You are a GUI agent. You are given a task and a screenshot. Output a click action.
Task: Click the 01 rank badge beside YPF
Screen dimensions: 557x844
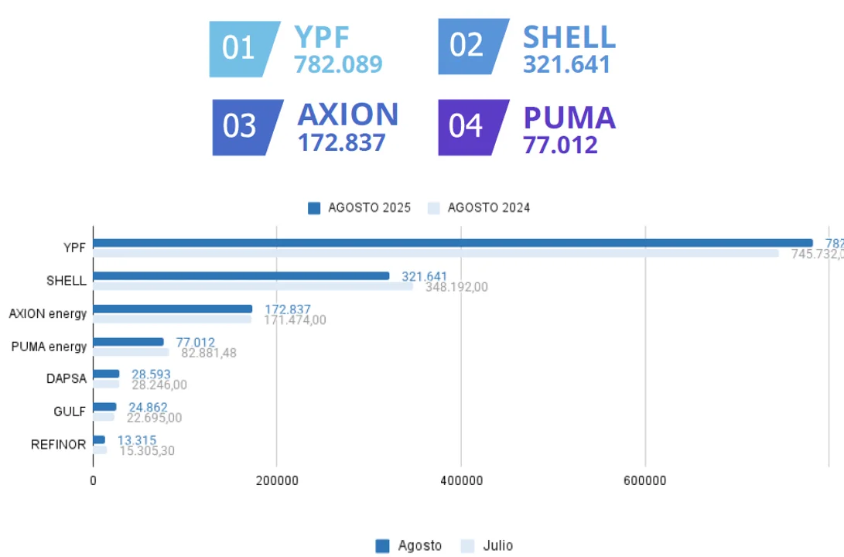(240, 49)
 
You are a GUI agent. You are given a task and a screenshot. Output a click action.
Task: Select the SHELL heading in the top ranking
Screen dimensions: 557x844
(569, 36)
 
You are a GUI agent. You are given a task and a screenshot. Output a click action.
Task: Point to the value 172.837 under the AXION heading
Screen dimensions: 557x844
(341, 142)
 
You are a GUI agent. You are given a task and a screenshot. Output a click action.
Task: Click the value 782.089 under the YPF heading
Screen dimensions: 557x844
(338, 64)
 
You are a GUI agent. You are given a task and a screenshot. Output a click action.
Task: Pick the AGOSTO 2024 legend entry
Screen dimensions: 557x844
(480, 207)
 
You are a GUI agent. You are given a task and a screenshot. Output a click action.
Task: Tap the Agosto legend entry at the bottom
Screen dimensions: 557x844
(409, 545)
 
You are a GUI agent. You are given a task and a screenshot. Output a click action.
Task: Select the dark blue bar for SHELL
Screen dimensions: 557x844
(241, 276)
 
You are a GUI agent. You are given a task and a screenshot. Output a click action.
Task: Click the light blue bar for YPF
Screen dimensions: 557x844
(436, 253)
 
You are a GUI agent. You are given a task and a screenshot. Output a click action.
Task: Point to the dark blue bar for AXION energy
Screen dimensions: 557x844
(173, 309)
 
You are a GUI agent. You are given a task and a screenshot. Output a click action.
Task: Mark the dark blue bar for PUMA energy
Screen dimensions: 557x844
(128, 342)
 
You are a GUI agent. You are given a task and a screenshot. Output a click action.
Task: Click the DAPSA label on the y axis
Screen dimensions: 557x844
(67, 379)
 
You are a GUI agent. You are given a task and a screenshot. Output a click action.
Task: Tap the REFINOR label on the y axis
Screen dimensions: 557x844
(59, 445)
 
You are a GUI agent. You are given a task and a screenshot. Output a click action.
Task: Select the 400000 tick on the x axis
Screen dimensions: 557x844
(461, 480)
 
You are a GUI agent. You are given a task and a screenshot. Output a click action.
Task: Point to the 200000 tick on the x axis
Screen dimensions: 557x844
(277, 480)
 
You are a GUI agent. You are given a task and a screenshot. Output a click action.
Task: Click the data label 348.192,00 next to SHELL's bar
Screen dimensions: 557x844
(456, 288)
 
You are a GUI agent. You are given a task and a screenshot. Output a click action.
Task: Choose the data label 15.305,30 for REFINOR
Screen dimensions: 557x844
(147, 450)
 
